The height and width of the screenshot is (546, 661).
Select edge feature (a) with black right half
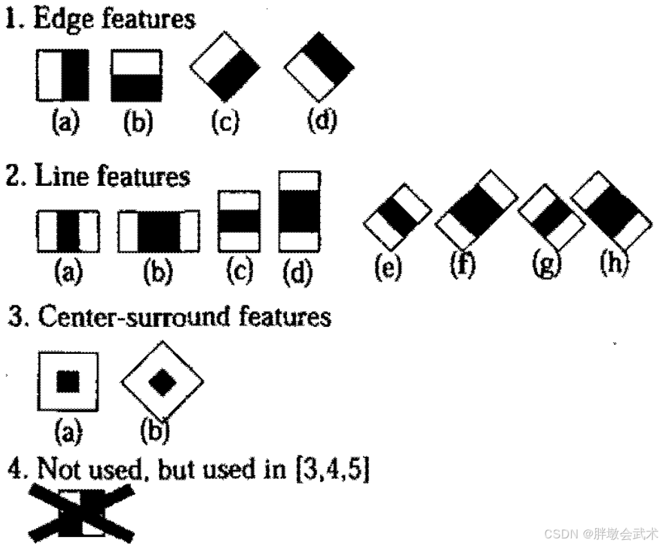(x=63, y=74)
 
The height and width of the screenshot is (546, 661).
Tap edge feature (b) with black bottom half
(x=136, y=75)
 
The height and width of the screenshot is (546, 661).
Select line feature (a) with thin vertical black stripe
(x=67, y=231)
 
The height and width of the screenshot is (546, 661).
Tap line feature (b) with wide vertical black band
(x=158, y=231)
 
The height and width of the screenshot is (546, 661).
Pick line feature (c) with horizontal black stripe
(x=239, y=220)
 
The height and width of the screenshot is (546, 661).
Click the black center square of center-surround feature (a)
(x=68, y=381)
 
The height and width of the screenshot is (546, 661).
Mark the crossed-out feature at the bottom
(x=82, y=512)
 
